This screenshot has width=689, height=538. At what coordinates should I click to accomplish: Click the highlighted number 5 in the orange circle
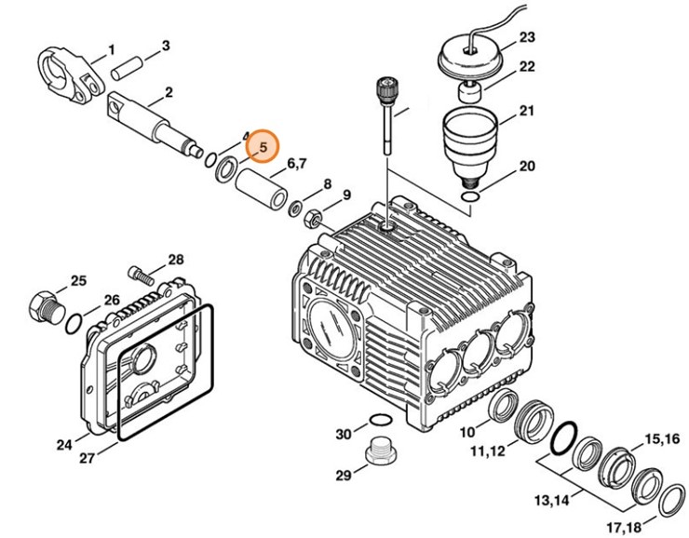click(x=263, y=147)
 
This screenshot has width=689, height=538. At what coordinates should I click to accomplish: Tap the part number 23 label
click(x=528, y=38)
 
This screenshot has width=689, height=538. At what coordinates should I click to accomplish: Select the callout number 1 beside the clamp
click(x=111, y=47)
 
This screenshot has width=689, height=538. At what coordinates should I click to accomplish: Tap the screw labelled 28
click(x=137, y=274)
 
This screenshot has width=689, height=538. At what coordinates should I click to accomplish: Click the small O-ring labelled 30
click(x=379, y=420)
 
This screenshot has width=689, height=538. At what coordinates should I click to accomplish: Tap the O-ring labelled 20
click(x=472, y=197)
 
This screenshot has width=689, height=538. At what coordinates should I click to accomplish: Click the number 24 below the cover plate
click(x=63, y=445)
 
